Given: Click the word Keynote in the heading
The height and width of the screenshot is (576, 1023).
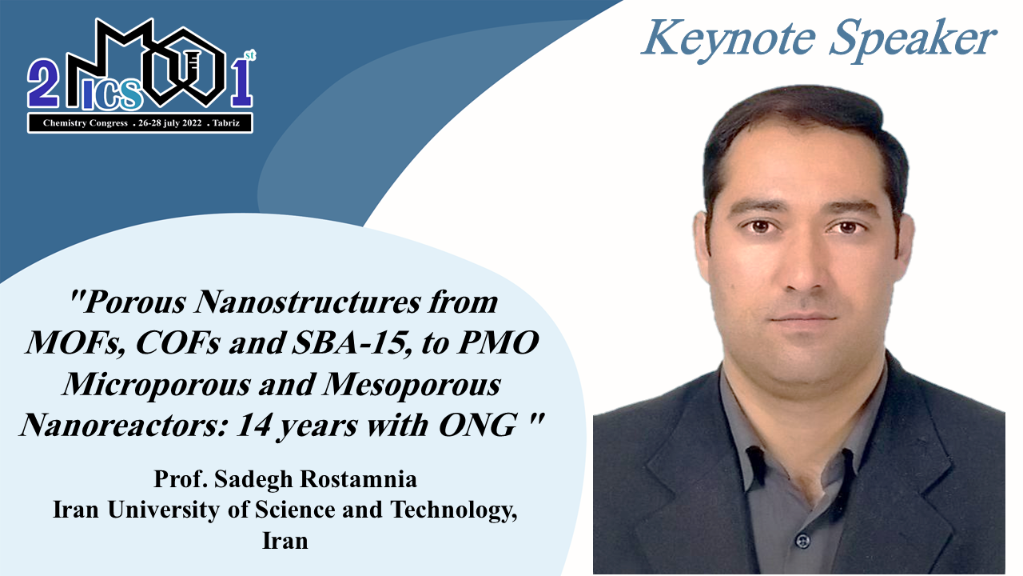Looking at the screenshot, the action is (x=728, y=40).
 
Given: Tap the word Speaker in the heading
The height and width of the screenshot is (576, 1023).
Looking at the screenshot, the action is (x=913, y=40).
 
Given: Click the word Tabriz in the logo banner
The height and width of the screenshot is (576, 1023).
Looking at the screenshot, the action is (x=225, y=123).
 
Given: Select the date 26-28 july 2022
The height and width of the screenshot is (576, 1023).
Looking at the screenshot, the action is (x=170, y=123).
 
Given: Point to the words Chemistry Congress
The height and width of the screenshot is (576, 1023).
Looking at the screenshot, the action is (x=86, y=123).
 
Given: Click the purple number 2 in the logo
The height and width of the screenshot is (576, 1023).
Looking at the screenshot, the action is (x=43, y=84).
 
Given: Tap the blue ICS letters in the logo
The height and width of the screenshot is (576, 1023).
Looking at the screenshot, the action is (x=112, y=94).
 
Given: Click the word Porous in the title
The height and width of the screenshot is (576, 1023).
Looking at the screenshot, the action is (x=135, y=302).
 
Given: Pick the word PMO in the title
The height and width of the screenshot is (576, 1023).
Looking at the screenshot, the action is (x=498, y=343).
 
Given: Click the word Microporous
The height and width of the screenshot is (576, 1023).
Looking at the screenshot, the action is (x=156, y=385).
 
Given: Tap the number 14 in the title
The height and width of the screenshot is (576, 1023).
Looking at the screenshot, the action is (x=253, y=425).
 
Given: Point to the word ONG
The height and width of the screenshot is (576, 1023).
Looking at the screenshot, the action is (x=478, y=425).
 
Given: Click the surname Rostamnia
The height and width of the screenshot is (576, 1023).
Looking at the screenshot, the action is (x=359, y=479).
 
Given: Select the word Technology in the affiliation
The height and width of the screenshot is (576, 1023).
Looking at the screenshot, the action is (x=453, y=510).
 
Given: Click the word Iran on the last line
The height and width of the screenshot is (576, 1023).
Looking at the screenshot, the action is (x=285, y=541).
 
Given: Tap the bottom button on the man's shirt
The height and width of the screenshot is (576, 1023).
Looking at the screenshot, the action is (x=802, y=542).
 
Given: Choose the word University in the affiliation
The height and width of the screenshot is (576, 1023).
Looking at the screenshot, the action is (x=164, y=510).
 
